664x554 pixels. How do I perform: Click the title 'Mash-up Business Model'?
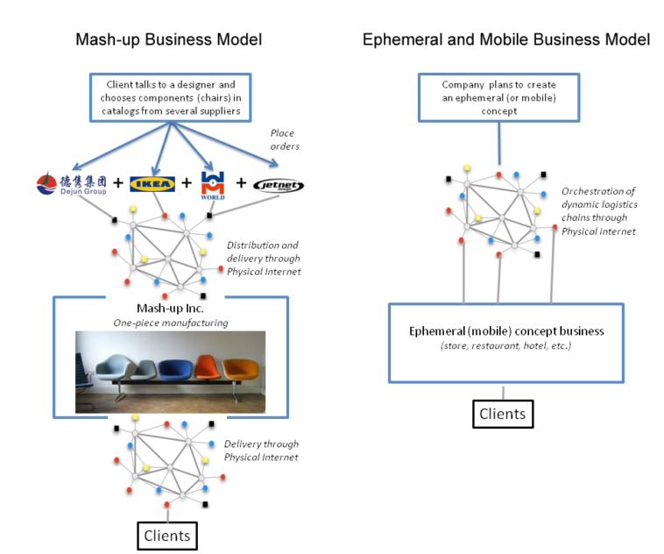click(169, 39)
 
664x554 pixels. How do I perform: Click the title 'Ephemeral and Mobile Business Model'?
click(506, 39)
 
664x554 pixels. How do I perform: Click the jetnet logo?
click(276, 184)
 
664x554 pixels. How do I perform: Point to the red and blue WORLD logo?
click(213, 184)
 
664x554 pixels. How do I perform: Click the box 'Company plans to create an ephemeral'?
click(498, 97)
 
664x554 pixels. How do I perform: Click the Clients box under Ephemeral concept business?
click(503, 413)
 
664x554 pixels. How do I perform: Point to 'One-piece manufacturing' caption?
click(169, 323)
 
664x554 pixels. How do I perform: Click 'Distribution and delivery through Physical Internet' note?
click(263, 259)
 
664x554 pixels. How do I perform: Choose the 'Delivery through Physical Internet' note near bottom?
click(261, 451)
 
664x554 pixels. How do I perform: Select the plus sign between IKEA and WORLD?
click(185, 184)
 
